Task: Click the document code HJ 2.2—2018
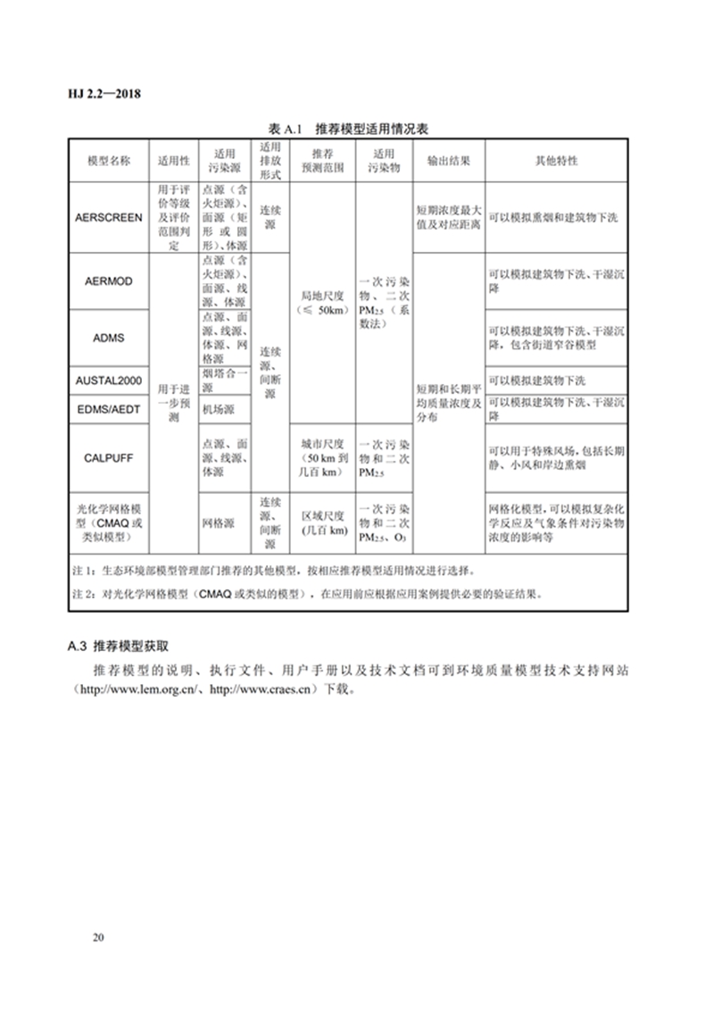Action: [105, 93]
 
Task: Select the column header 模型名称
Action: [108, 162]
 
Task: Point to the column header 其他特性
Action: [555, 162]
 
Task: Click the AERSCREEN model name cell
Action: [108, 218]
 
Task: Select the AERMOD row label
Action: [108, 281]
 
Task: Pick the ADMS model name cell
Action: [108, 338]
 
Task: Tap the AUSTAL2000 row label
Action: [108, 381]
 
